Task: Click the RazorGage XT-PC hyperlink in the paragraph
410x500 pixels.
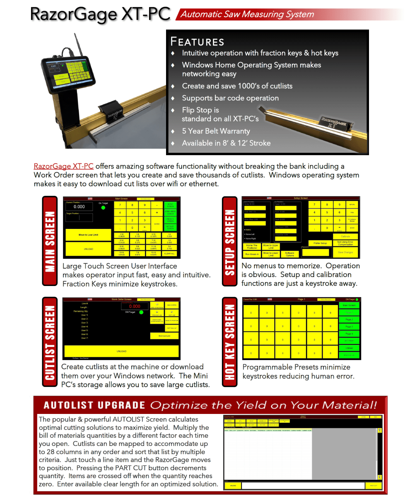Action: click(63, 166)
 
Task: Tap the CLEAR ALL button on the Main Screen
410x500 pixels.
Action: click(169, 253)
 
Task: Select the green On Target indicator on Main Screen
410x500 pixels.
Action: click(103, 208)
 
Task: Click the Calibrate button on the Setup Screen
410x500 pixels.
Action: click(345, 236)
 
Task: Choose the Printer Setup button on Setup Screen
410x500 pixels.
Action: click(320, 243)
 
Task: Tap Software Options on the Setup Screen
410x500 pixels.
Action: click(289, 254)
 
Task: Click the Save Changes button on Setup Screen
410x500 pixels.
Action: click(345, 252)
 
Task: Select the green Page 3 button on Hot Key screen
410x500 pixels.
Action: click(349, 327)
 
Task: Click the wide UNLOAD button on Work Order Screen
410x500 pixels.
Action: click(121, 351)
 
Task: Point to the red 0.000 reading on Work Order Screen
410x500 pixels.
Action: click(135, 307)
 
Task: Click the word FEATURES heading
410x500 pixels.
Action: click(198, 42)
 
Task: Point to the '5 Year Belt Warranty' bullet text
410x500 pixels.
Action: click(216, 131)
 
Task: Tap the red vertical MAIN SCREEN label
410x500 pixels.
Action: click(50, 241)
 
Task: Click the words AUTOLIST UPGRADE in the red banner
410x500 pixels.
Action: click(94, 405)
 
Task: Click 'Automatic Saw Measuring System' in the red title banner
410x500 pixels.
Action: click(247, 14)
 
